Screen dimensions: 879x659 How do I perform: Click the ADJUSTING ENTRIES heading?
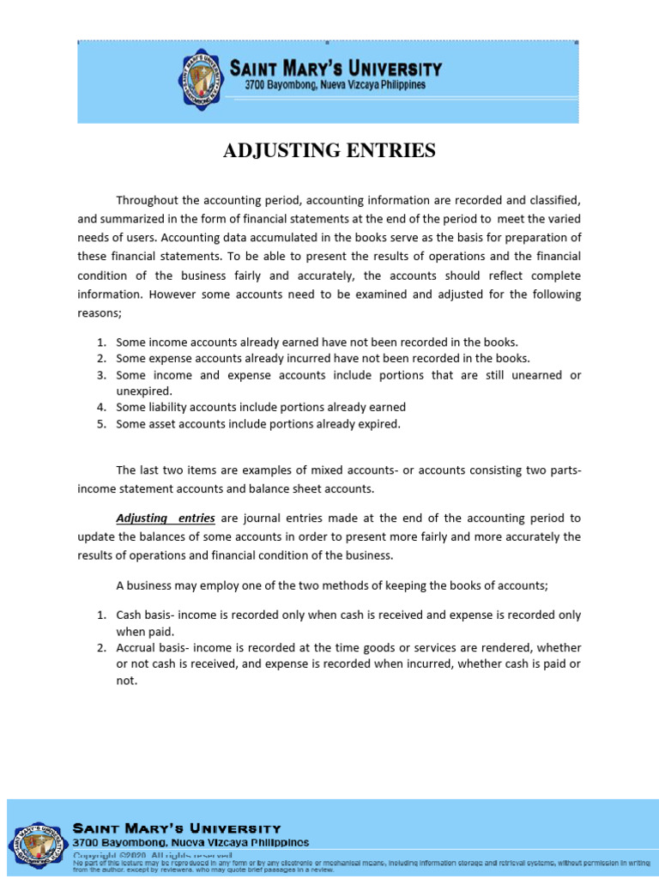coord(329,151)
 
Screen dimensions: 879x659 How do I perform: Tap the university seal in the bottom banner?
coord(37,836)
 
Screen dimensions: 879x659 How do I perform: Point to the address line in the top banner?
coord(336,86)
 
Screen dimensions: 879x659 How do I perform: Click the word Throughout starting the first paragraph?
coord(148,200)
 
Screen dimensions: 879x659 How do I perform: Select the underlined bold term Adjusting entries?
coord(166,518)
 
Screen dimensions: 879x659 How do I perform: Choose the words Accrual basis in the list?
coord(153,647)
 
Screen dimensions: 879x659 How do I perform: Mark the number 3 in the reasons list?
coord(100,375)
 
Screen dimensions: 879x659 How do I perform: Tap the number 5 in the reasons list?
coord(100,423)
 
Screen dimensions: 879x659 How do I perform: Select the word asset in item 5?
coord(160,423)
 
